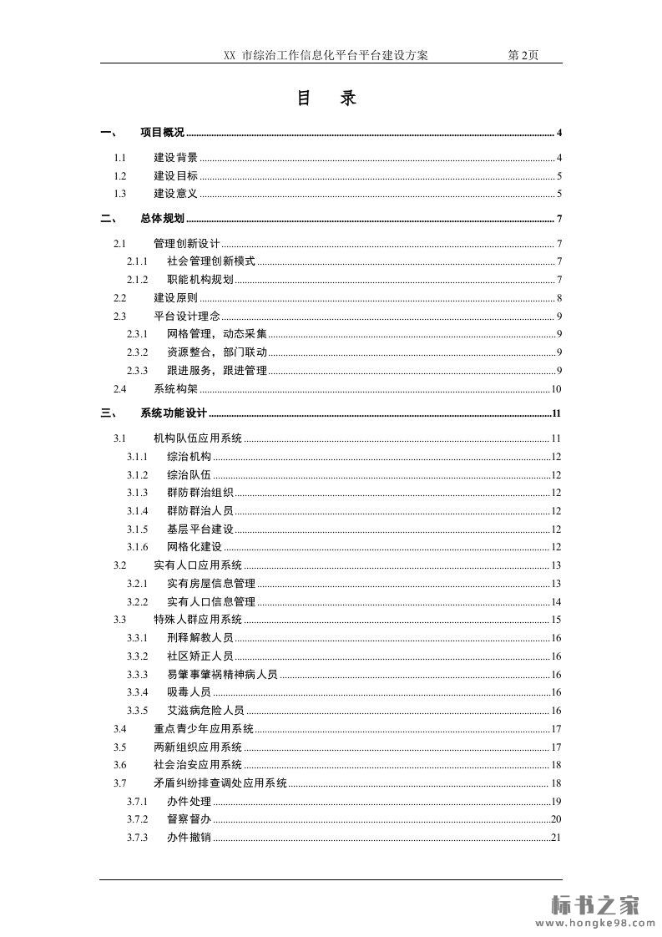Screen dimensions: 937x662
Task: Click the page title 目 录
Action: click(x=326, y=99)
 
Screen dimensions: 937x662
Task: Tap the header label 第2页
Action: click(x=523, y=55)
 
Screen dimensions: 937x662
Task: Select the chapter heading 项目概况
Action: click(x=162, y=133)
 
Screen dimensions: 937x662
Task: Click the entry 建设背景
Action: click(x=175, y=158)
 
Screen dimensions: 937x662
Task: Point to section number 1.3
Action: click(x=119, y=194)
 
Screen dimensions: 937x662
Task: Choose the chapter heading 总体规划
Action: click(x=162, y=220)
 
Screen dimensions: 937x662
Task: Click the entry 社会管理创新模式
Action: click(x=211, y=261)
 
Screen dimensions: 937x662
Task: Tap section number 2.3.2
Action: click(x=137, y=352)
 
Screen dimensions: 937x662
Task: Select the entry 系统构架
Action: click(x=175, y=389)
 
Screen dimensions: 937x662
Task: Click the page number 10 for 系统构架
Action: click(x=556, y=389)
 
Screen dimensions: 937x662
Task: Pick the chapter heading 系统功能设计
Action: click(x=173, y=413)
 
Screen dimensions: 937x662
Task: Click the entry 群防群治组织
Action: click(x=200, y=493)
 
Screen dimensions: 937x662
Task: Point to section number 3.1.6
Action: click(x=137, y=547)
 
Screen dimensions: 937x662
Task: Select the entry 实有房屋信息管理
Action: click(x=211, y=584)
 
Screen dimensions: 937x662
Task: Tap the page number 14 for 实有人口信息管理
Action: click(x=556, y=602)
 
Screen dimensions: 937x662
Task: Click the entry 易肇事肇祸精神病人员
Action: click(x=222, y=675)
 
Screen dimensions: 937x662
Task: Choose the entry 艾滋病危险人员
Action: click(x=205, y=711)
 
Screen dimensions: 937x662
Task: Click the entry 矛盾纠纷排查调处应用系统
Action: click(x=220, y=783)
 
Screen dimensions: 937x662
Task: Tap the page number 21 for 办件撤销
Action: click(x=556, y=838)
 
